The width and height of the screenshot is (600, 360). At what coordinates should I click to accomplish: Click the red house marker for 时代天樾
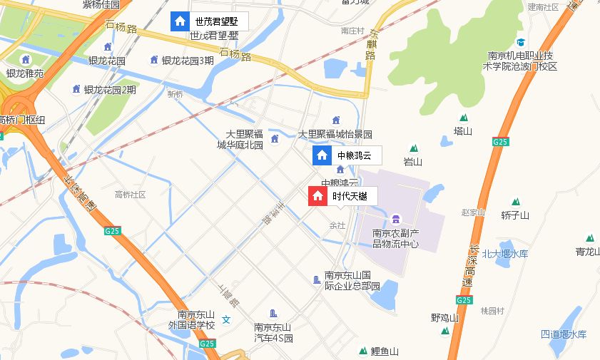click(x=317, y=196)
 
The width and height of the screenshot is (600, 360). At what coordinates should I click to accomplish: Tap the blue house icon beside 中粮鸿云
click(x=322, y=155)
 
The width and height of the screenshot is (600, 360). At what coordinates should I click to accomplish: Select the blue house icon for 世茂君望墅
click(x=180, y=21)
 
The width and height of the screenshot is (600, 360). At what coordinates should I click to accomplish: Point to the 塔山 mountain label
click(x=463, y=130)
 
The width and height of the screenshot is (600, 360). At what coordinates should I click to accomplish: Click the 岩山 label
click(x=413, y=162)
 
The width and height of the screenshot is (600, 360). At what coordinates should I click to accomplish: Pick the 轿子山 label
click(x=515, y=215)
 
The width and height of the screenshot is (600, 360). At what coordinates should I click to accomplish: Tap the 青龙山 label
click(x=589, y=251)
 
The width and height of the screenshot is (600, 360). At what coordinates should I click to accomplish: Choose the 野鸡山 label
click(x=444, y=317)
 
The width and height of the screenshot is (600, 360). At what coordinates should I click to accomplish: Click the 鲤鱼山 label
click(x=384, y=351)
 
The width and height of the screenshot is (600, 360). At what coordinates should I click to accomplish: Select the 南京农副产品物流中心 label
click(x=396, y=238)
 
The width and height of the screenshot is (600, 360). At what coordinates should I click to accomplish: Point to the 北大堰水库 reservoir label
click(x=505, y=254)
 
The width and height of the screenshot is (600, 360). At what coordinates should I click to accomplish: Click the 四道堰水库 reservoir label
click(x=563, y=334)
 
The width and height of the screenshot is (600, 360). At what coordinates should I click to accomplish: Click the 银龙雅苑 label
click(x=25, y=73)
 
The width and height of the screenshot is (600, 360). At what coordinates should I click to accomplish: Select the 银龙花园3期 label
click(x=187, y=61)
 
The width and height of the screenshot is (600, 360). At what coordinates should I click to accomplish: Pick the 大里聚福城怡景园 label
click(x=335, y=133)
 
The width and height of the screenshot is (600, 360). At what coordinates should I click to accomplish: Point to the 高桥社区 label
click(x=130, y=194)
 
